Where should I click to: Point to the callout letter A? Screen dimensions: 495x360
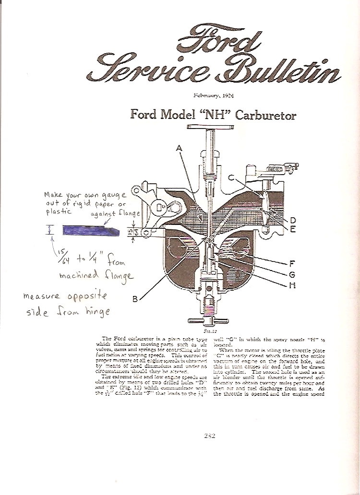tap(180, 149)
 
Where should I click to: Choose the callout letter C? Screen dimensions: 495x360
tap(231, 178)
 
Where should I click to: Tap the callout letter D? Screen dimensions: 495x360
tap(292, 220)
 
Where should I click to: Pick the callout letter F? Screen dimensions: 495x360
tap(292, 263)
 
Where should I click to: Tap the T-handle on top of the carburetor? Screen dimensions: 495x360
tap(209, 128)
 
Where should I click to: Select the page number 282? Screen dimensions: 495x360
tap(209, 436)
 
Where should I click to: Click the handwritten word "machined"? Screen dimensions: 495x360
tap(79, 275)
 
